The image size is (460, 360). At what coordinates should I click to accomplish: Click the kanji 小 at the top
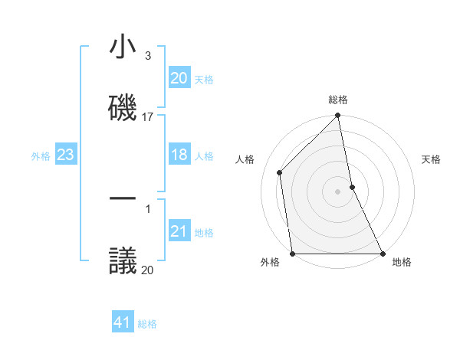(123, 47)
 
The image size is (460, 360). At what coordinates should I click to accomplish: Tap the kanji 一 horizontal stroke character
(123, 198)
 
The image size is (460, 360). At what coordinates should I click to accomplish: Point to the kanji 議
(123, 258)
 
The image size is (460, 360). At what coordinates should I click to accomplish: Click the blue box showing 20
(179, 78)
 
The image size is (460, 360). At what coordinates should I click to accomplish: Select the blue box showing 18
(179, 155)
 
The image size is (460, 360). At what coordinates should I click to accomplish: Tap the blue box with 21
(179, 232)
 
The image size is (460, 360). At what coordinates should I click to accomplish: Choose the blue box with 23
(65, 155)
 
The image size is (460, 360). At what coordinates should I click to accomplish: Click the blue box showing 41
(123, 322)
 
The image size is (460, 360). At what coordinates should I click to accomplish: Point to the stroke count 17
(148, 117)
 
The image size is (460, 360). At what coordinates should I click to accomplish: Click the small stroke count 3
(147, 56)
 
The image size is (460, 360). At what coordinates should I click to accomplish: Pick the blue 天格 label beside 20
(204, 79)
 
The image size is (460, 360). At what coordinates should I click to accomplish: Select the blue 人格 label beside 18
(204, 156)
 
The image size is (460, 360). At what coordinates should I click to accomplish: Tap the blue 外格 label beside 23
(41, 156)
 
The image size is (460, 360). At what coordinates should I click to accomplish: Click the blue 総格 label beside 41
(147, 323)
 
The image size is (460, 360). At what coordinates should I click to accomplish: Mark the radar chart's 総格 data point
(337, 116)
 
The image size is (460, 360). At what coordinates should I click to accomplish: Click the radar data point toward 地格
(382, 253)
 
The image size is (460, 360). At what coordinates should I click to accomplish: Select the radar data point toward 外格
(293, 253)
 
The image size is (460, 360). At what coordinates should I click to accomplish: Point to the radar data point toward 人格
(280, 172)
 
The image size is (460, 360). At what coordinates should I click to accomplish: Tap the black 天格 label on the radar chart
(431, 159)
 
